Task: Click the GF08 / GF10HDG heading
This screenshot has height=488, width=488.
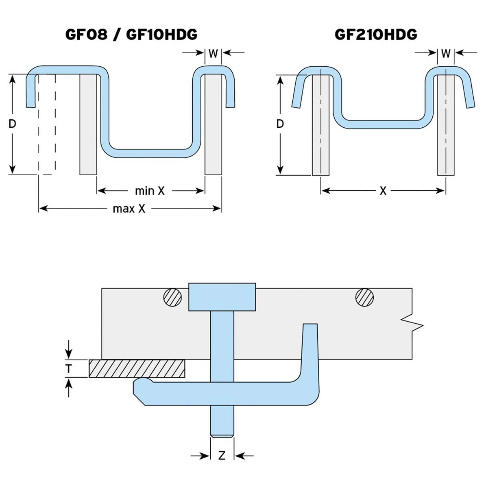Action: pos(131,35)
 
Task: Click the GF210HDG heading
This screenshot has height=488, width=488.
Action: pos(376,35)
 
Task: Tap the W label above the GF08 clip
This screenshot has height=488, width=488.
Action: pos(213,53)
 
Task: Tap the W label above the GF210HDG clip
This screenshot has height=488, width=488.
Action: pos(446,53)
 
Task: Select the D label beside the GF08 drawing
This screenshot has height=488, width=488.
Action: pos(12,124)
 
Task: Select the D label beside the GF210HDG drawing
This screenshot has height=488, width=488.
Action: pos(280,124)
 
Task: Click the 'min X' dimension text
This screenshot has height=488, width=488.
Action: pos(150,191)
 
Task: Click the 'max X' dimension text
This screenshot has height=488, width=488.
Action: pos(129,209)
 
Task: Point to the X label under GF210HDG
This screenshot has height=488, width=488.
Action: pos(383,191)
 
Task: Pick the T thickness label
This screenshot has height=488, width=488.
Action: pos(69,369)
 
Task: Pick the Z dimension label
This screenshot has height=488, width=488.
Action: pos(222,455)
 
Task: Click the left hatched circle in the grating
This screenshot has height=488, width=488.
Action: pos(172,297)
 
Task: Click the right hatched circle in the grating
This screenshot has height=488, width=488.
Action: pos(364,297)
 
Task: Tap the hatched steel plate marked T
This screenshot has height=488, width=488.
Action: pos(137,368)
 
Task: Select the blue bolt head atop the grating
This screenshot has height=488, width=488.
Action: pos(222,297)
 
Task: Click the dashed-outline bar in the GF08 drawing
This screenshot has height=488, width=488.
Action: pos(47,124)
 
